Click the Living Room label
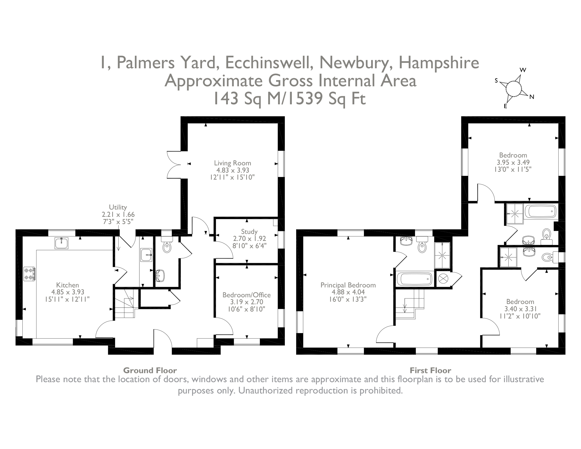(x=232, y=163)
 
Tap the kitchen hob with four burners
(x=29, y=274)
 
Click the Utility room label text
(x=118, y=207)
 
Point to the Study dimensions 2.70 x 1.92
(x=249, y=239)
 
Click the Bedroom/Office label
(x=246, y=295)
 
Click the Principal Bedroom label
(x=348, y=285)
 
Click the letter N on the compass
(x=532, y=97)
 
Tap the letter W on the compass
(x=523, y=70)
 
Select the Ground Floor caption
(x=150, y=371)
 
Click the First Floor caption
(x=430, y=371)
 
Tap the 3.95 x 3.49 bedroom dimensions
(x=513, y=162)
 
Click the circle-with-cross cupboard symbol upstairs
(x=443, y=279)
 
